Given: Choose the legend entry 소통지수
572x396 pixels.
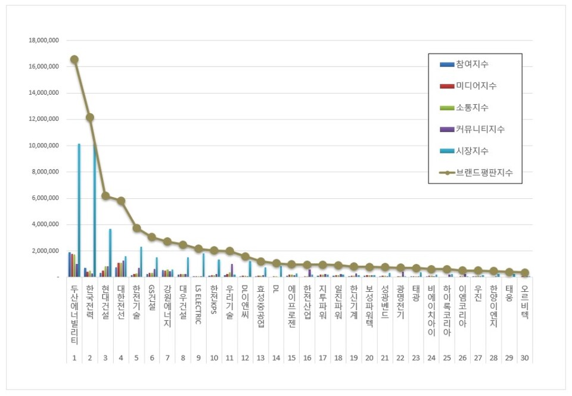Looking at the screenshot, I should (472, 108).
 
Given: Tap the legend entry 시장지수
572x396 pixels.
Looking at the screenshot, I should (472, 151).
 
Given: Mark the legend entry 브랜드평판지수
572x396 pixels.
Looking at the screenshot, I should (484, 173).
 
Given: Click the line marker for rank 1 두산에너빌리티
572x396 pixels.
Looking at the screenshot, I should (74, 60).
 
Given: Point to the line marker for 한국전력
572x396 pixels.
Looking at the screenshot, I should (89, 117).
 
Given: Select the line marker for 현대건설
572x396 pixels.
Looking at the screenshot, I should (105, 195).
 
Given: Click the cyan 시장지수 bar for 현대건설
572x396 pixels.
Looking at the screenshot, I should (110, 252).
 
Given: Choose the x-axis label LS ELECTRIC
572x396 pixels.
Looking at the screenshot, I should (198, 304).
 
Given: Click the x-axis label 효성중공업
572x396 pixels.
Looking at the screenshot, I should (260, 307).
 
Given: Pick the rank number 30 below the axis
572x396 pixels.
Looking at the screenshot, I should (524, 358).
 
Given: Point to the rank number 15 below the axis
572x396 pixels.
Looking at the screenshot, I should (291, 358).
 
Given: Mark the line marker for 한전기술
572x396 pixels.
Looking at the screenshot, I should (136, 228).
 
